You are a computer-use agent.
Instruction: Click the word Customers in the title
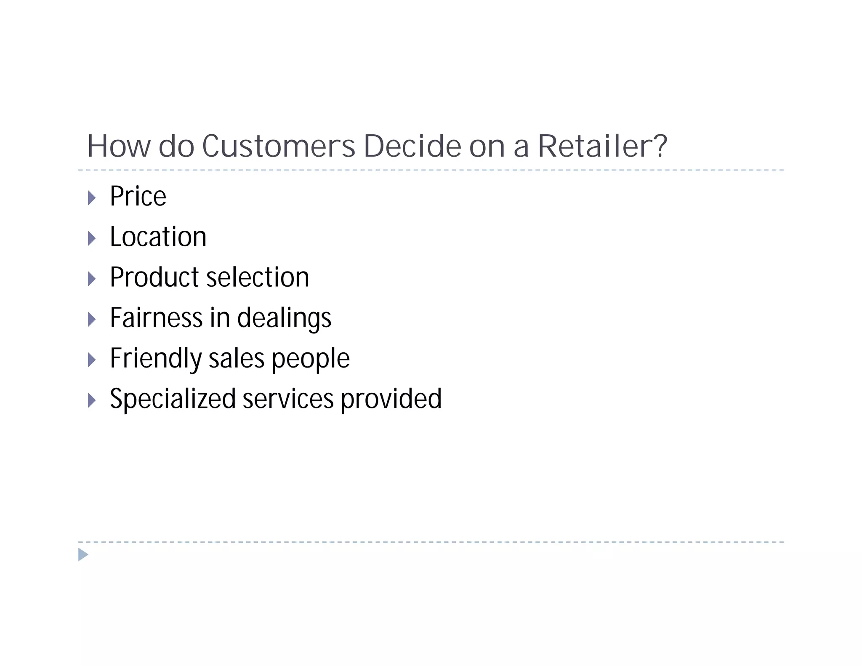tap(279, 147)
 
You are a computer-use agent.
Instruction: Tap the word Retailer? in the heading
tap(602, 147)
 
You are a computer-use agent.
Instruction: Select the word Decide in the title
tap(412, 147)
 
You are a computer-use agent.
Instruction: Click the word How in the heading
tap(118, 147)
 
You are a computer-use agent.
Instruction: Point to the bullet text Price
tap(138, 196)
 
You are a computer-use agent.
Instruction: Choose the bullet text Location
tap(158, 237)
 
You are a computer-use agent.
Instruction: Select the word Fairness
tap(156, 317)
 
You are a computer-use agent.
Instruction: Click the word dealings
tap(284, 318)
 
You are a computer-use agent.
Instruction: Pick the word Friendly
tap(155, 359)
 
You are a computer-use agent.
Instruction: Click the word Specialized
tap(173, 399)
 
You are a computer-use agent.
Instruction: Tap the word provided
tap(391, 399)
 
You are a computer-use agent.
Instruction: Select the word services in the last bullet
tap(288, 399)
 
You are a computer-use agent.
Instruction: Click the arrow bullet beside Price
tap(92, 198)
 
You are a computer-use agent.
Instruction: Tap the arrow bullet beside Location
tap(92, 238)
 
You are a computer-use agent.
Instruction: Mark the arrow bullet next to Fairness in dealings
tap(92, 320)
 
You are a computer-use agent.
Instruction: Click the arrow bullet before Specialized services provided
tap(92, 400)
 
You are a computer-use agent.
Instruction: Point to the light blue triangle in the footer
tap(83, 555)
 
